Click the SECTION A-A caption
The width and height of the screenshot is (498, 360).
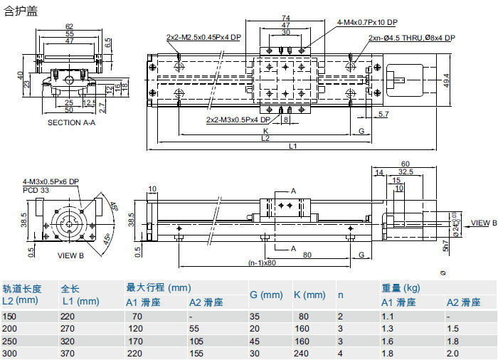click(x=71, y=122)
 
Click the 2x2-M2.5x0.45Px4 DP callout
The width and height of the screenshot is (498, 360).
click(x=203, y=36)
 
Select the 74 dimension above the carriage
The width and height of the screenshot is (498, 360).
click(x=285, y=18)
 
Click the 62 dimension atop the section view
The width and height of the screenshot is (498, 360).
click(x=69, y=26)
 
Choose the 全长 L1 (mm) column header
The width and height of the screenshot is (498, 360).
click(x=79, y=295)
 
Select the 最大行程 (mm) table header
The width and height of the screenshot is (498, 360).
click(x=159, y=288)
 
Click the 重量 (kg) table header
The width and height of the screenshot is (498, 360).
click(x=399, y=288)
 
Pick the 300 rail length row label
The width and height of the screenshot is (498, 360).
click(x=9, y=354)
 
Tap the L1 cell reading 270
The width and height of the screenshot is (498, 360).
click(x=68, y=328)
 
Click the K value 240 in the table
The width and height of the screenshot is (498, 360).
click(x=302, y=354)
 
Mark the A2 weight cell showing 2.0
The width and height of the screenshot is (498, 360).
click(x=453, y=354)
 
